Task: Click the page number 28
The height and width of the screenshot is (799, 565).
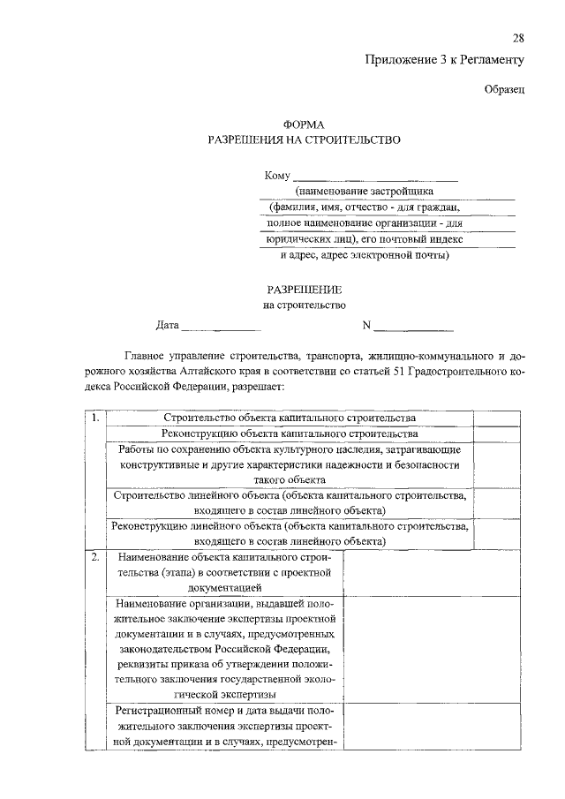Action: pos(518,38)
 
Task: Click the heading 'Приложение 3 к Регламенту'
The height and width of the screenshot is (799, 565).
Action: pos(445,60)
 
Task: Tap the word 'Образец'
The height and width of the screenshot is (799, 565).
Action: pos(505,88)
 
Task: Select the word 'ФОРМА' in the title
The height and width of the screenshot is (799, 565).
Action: pos(304,125)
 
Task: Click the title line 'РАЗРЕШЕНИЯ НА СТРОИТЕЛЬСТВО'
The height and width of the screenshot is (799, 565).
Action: pos(304,139)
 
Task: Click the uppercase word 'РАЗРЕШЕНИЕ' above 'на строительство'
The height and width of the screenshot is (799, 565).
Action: pos(304,290)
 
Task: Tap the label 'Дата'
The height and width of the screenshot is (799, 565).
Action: pos(168,325)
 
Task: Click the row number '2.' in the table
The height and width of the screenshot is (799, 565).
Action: pos(94,558)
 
